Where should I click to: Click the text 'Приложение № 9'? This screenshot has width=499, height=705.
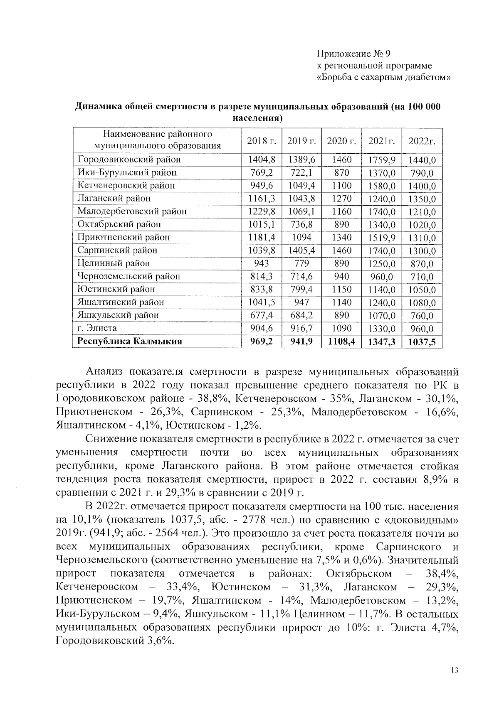coord(353,54)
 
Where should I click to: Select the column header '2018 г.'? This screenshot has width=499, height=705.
coord(262,141)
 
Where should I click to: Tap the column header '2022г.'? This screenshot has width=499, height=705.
coord(422,141)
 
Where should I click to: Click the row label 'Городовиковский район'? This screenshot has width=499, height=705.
coord(129,160)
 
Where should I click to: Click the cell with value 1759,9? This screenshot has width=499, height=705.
coord(382,160)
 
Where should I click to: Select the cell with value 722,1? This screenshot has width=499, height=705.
coord(301,172)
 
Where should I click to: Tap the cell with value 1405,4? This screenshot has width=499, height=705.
coord(301,251)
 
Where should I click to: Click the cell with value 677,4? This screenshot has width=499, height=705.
coord(262,315)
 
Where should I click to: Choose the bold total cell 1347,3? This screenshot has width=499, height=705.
coord(382,342)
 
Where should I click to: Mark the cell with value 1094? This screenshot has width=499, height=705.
coord(301,238)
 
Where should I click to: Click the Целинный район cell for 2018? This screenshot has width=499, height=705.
coord(262,263)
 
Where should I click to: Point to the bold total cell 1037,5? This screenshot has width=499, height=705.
coord(422,342)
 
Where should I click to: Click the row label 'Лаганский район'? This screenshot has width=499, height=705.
coord(114,199)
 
